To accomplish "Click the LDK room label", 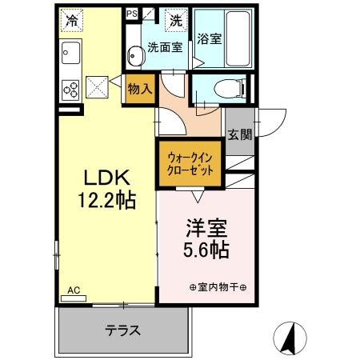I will point(103,176).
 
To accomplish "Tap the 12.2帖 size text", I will point(103,198).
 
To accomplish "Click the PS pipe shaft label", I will point(132,13).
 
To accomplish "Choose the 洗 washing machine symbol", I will point(174,18).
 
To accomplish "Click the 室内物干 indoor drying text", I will point(217,287).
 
